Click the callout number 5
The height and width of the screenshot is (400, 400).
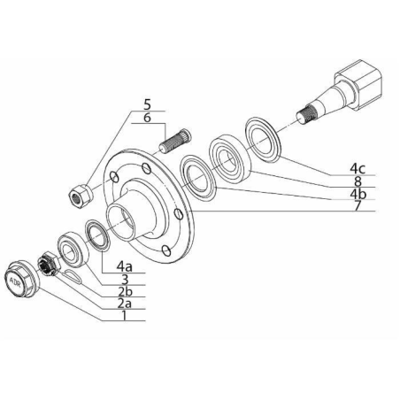[x=147, y=104]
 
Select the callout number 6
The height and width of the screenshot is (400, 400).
[x=147, y=118]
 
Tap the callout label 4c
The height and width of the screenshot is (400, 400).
[x=358, y=168]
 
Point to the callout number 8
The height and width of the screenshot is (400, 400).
[x=358, y=181]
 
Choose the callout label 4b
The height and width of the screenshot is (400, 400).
[x=358, y=194]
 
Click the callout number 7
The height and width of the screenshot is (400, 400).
[x=358, y=205]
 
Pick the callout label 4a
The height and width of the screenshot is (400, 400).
[x=124, y=266]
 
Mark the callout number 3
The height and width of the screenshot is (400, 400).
[x=125, y=279]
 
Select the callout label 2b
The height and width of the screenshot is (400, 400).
[x=125, y=291]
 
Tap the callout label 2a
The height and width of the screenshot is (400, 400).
[x=124, y=304]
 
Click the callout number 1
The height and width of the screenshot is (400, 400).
[x=125, y=315]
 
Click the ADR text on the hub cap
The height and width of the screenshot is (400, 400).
[x=14, y=281]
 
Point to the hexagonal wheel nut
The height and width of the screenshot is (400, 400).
[x=81, y=196]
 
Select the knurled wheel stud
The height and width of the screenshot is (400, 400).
[x=175, y=140]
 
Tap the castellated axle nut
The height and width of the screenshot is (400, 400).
[x=50, y=264]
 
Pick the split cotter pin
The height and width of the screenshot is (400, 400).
[x=73, y=276]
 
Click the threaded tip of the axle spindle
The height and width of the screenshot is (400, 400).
[x=307, y=114]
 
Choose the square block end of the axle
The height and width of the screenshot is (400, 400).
[x=358, y=85]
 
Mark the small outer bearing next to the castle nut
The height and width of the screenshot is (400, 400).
[x=73, y=250]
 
